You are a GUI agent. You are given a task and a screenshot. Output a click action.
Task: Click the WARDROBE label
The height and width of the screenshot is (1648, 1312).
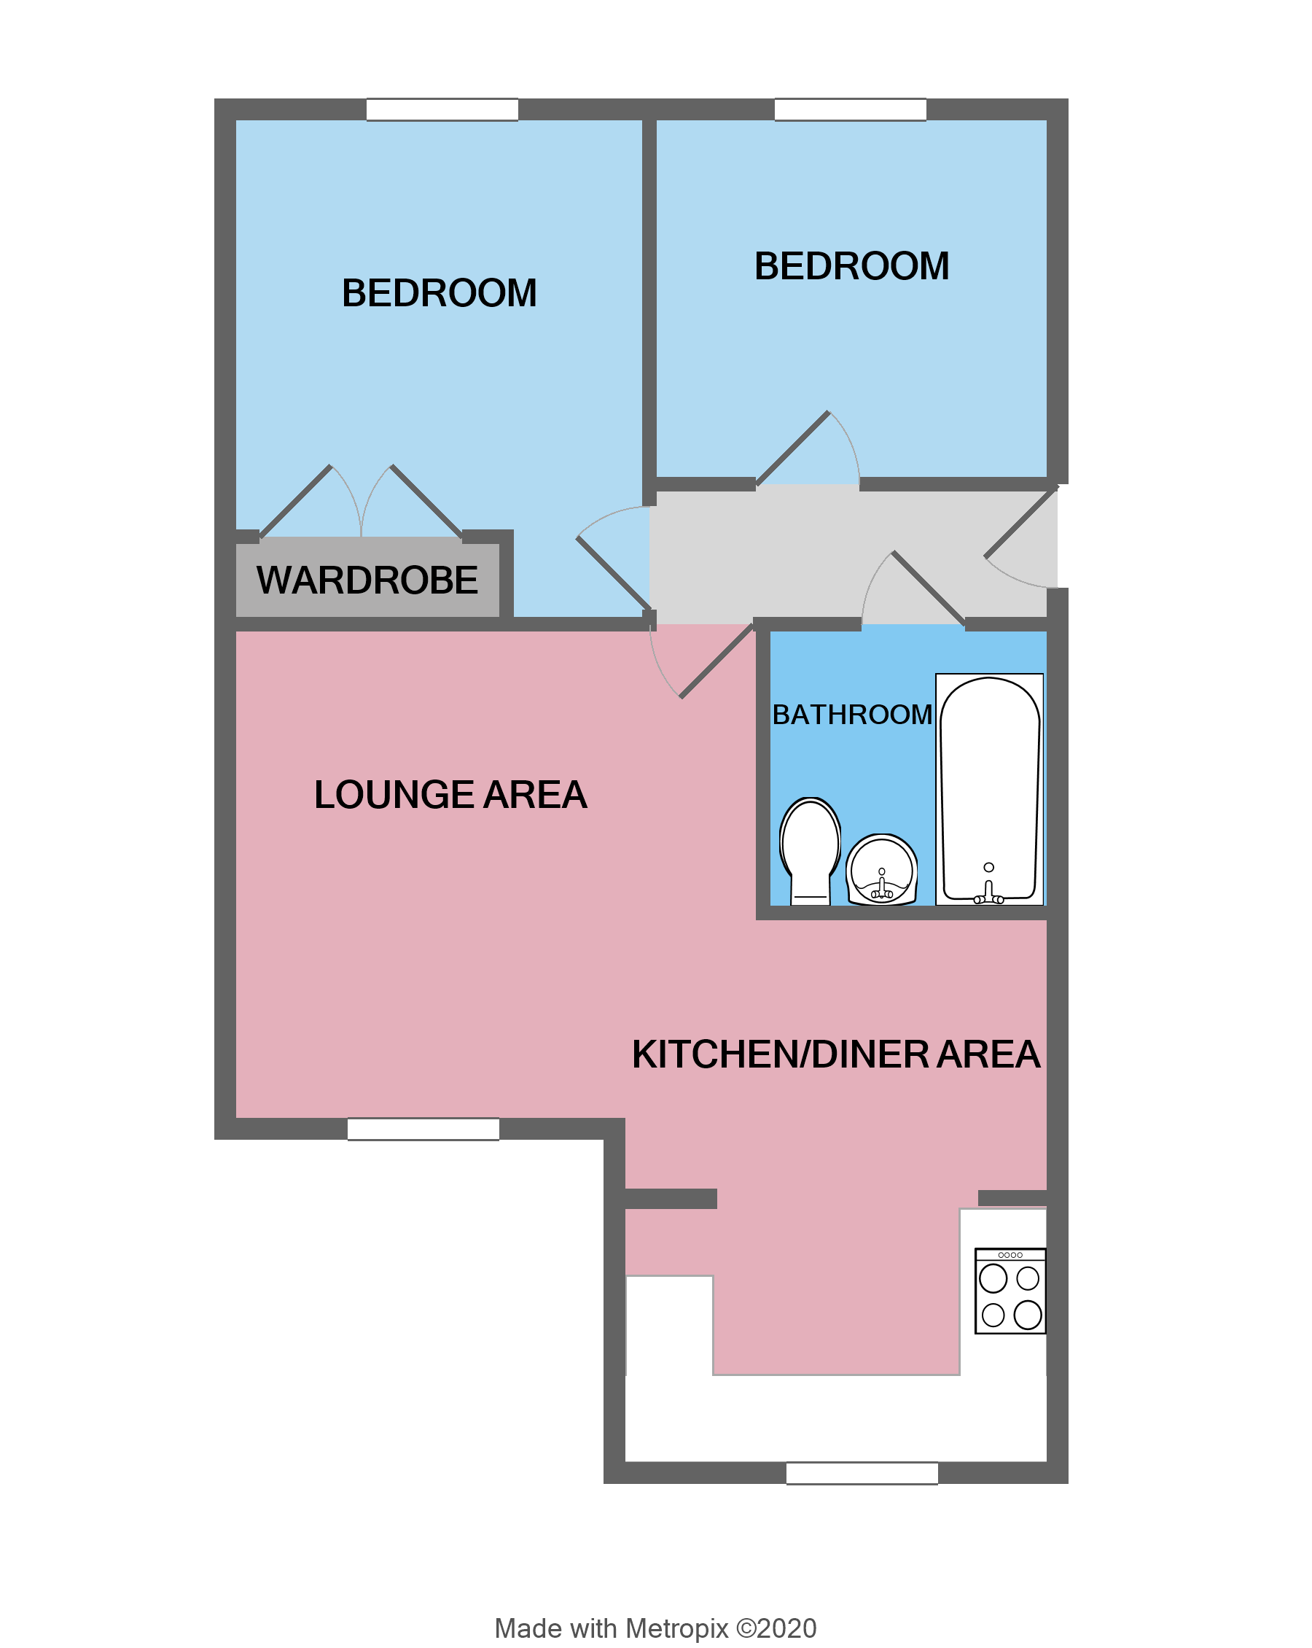tap(367, 580)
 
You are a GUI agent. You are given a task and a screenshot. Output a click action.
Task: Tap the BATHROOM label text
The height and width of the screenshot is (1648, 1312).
tap(852, 715)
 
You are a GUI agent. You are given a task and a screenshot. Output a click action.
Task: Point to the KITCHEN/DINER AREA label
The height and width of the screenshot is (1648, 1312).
tap(835, 1055)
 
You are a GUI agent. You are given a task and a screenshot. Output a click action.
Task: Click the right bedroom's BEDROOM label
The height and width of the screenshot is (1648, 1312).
tap(851, 266)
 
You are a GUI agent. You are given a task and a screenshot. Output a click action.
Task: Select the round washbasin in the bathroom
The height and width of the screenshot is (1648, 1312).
tap(881, 870)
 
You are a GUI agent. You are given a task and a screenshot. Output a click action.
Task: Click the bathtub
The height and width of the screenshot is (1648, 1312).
tap(989, 788)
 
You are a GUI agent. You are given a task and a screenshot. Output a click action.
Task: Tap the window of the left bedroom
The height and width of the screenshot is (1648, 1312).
tap(442, 109)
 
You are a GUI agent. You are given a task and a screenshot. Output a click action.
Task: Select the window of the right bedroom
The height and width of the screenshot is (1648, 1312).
tap(850, 109)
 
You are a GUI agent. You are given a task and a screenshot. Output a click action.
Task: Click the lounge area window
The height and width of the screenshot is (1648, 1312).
tap(423, 1129)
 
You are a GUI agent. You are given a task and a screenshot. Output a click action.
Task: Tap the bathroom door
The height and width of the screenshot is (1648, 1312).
tap(928, 588)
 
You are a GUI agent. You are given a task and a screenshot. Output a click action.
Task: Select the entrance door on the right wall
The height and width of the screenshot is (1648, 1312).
tap(1021, 524)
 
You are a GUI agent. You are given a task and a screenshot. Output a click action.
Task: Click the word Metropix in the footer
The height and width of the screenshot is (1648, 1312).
tap(676, 1628)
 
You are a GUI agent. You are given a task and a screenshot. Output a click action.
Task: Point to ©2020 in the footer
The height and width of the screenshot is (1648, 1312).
tap(776, 1628)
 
